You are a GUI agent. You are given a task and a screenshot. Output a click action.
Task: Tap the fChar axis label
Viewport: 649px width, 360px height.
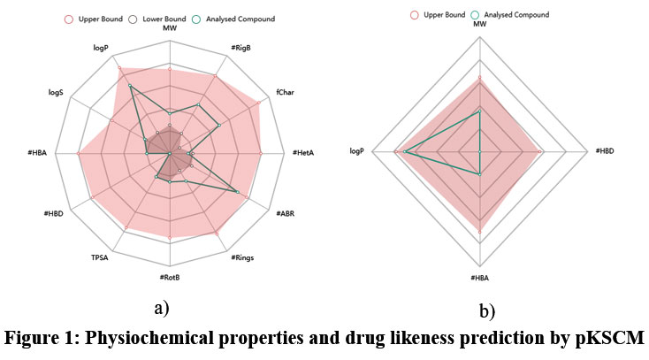(x=285, y=92)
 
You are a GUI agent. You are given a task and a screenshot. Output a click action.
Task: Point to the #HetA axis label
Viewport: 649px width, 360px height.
(x=304, y=153)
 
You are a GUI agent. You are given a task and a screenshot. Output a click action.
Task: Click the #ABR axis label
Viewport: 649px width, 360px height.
(x=286, y=214)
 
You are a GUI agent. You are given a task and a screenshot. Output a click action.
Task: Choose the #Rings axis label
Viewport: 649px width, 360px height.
(x=242, y=257)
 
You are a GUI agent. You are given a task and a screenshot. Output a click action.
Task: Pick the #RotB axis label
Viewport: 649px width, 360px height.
(x=171, y=277)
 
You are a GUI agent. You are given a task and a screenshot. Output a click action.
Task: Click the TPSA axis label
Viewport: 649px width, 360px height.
(x=99, y=257)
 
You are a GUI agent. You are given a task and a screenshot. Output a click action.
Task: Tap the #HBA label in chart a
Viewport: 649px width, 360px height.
(x=38, y=153)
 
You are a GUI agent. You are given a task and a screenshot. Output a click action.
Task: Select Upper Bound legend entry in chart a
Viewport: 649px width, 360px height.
(x=97, y=18)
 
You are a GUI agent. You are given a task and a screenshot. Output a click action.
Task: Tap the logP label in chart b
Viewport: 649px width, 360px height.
(x=357, y=151)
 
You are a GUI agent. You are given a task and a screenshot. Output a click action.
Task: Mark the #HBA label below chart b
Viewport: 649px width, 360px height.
(x=479, y=280)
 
